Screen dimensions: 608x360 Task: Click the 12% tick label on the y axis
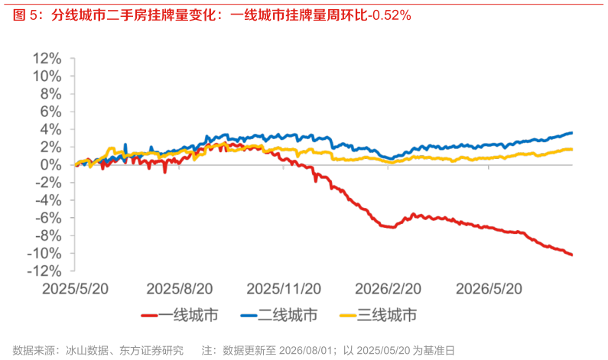[47, 59]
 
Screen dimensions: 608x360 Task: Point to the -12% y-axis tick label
[44, 271]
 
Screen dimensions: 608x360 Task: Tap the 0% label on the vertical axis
[50, 164]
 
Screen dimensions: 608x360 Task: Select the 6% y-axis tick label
[50, 112]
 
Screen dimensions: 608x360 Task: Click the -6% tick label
[47, 218]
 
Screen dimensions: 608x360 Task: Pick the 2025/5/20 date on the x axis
[75, 289]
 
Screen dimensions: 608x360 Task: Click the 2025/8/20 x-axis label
[180, 289]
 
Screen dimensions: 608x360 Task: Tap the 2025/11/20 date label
[284, 289]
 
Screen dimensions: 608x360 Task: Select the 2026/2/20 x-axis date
[389, 289]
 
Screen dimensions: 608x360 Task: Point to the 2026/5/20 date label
[489, 289]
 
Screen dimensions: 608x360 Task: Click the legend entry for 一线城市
[180, 315]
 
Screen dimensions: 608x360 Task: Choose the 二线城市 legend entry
[279, 315]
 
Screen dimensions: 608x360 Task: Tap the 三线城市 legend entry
[379, 315]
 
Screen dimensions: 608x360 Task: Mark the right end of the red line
[572, 255]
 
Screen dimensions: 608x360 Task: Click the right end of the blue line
[572, 133]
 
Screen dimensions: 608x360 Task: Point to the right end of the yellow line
[572, 149]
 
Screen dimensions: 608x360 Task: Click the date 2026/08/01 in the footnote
[306, 350]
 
